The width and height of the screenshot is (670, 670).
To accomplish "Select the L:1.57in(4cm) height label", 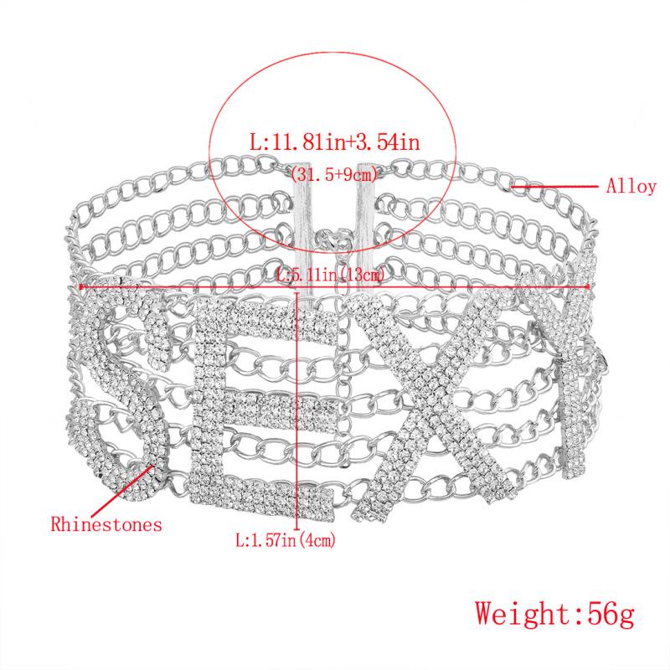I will pyautogui.click(x=287, y=542).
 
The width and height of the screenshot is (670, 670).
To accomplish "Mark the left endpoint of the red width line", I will pyautogui.click(x=80, y=286).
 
